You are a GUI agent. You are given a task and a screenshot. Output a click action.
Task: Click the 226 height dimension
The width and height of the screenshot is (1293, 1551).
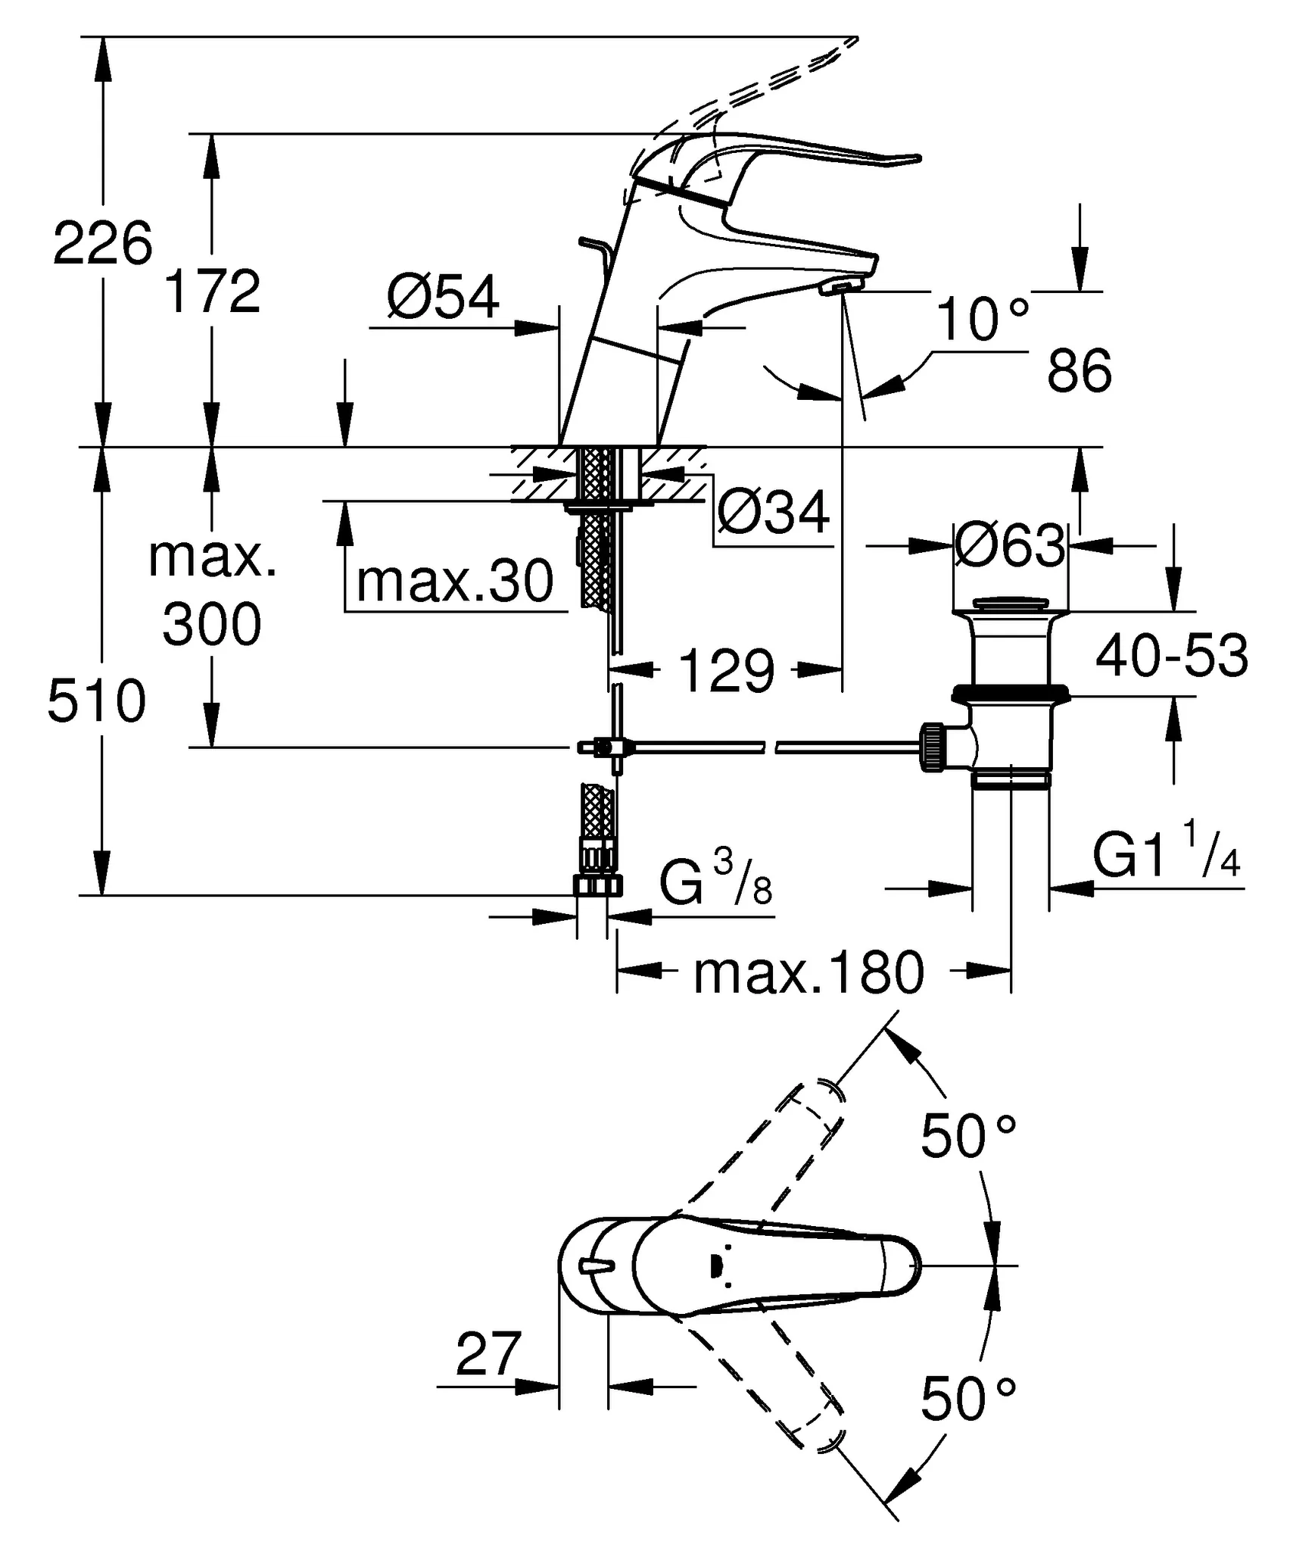click(102, 243)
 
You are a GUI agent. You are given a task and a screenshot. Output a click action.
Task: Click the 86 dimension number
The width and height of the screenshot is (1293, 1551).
click(1079, 370)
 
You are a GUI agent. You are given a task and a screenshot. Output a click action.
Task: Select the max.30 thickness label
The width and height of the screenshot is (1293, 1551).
click(455, 582)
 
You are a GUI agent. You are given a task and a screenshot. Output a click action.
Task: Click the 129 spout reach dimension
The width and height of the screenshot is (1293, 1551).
click(727, 670)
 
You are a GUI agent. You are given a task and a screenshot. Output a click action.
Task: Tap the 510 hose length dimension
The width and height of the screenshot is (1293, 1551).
click(96, 701)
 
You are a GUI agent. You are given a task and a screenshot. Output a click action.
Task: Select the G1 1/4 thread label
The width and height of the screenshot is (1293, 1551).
click(1166, 857)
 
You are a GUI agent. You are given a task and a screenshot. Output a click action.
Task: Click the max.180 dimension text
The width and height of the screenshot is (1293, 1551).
click(809, 973)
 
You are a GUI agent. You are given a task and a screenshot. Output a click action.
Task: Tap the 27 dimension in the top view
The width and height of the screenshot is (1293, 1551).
click(488, 1353)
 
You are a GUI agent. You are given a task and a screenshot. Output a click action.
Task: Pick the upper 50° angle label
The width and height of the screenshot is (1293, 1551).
click(967, 1136)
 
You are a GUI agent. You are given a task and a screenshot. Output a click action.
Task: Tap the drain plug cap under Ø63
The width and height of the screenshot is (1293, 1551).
click(1010, 604)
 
